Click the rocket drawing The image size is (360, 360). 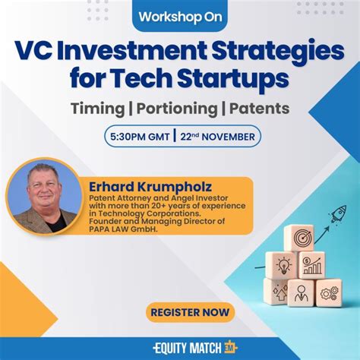pyautogui.click(x=335, y=213)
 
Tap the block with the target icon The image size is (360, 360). pyautogui.click(x=298, y=238)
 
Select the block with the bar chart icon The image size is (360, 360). pyautogui.click(x=311, y=266)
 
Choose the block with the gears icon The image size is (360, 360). pyautogui.click(x=328, y=292)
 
